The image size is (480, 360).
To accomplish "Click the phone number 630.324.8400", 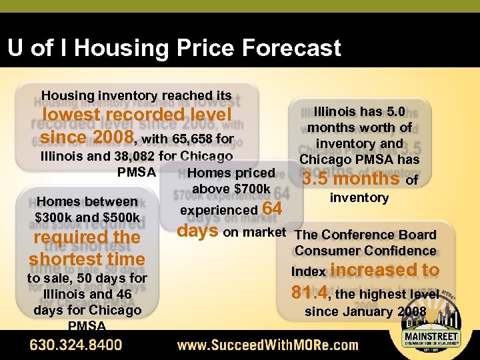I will pyautogui.click(x=75, y=345).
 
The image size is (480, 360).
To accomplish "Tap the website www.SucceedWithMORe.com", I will pyautogui.click(x=267, y=345).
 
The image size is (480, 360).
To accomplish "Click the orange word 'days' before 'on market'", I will pyautogui.click(x=197, y=231).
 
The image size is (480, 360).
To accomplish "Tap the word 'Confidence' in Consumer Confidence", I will pyautogui.click(x=403, y=251).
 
